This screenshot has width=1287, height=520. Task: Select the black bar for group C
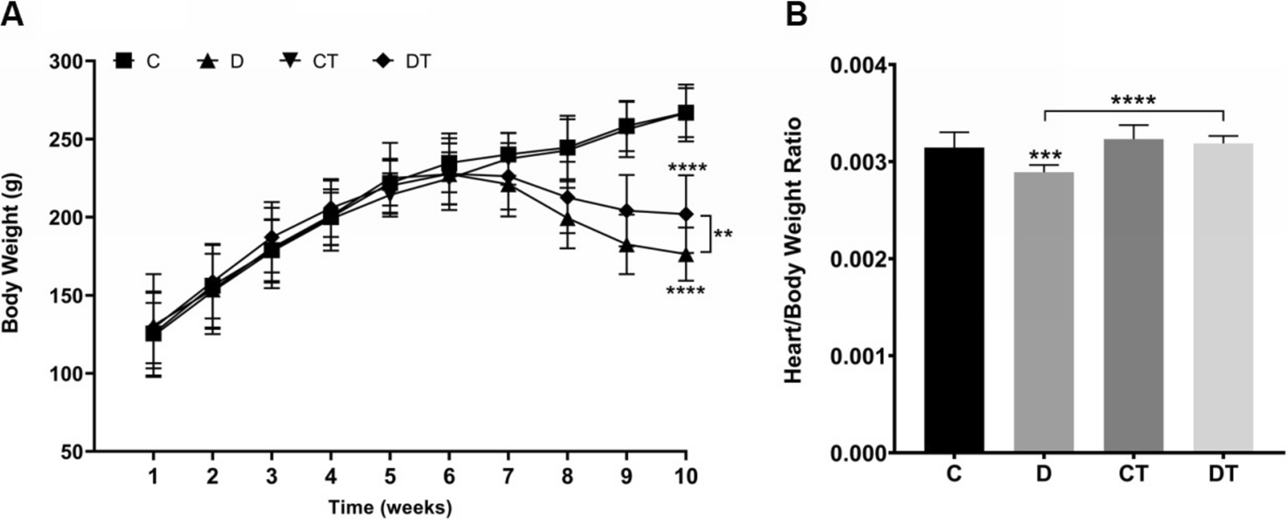(954, 299)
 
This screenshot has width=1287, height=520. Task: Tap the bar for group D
(1043, 312)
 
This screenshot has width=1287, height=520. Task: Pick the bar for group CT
(1133, 295)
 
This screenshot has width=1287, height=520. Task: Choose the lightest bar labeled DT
(1223, 297)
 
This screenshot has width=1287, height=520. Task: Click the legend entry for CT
(310, 62)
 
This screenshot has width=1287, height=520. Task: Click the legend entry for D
(222, 62)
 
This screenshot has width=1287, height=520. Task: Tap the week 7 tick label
(508, 476)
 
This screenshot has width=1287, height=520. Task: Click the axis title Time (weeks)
(390, 507)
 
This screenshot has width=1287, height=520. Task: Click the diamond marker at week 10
(686, 215)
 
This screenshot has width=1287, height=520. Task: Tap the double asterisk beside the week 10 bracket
(723, 235)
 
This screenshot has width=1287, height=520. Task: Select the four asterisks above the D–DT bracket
(1133, 100)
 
